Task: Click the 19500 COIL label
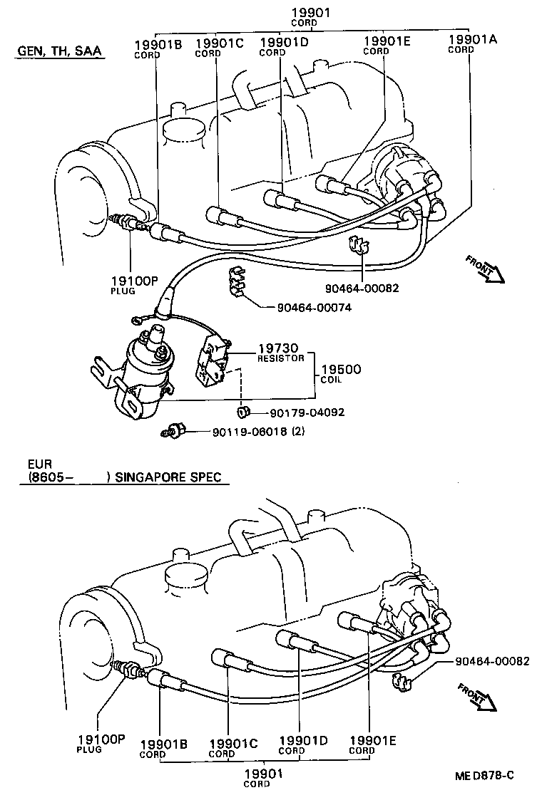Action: (340, 373)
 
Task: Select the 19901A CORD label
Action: (471, 43)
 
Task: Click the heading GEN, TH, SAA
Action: (58, 51)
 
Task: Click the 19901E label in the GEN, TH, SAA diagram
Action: (387, 45)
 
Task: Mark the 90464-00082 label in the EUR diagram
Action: (492, 661)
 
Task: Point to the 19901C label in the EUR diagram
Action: (232, 747)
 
